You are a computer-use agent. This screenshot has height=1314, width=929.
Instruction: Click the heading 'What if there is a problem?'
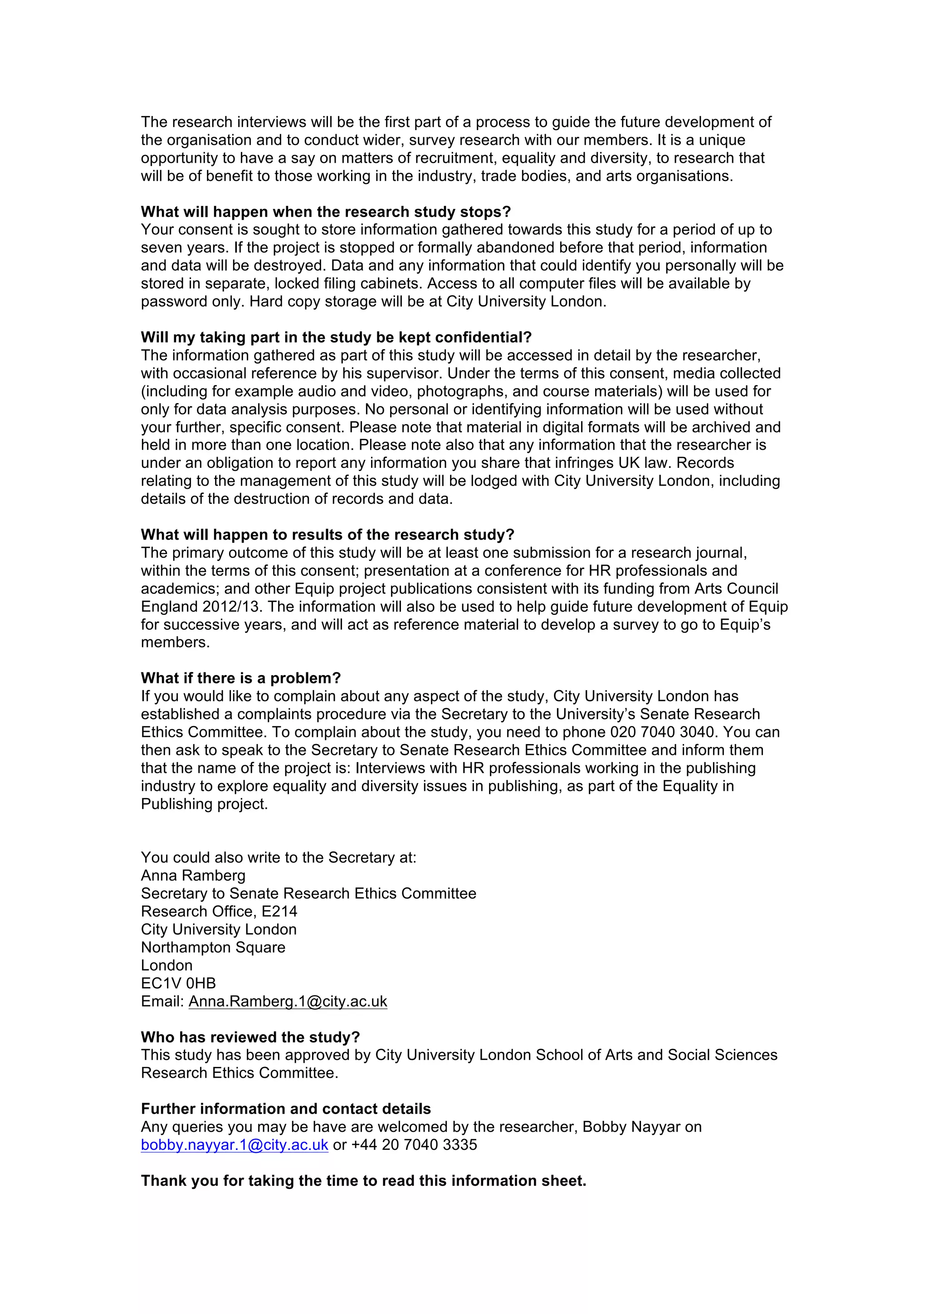click(240, 678)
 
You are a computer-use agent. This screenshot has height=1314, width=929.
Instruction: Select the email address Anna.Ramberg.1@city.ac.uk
click(288, 1001)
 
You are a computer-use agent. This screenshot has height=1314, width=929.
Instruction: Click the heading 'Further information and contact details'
click(286, 1109)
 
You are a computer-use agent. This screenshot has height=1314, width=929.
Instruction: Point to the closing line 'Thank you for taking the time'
click(363, 1181)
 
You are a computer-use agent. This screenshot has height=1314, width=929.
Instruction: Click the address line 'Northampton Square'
click(213, 947)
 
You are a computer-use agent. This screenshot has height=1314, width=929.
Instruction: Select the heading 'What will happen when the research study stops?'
click(326, 212)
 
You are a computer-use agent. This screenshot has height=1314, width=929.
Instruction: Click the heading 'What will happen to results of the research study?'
click(328, 535)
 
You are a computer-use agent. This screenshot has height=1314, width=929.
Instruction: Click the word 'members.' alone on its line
click(175, 642)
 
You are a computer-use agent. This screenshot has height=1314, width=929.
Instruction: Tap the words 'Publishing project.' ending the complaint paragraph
click(204, 803)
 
